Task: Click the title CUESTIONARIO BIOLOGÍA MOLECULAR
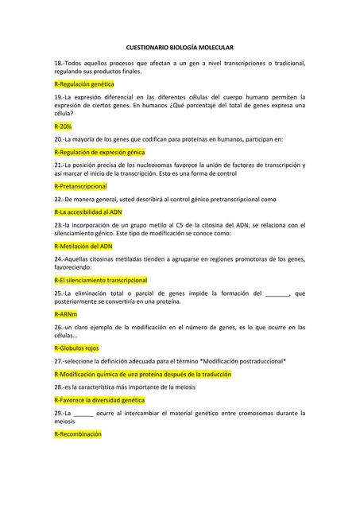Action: (x=180, y=49)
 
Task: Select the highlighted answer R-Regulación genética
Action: (x=84, y=84)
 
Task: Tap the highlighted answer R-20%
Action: (x=63, y=126)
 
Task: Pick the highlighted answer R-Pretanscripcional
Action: (x=80, y=186)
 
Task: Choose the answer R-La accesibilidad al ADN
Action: (x=88, y=212)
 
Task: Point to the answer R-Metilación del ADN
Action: (x=83, y=247)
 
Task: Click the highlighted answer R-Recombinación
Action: (x=78, y=434)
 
